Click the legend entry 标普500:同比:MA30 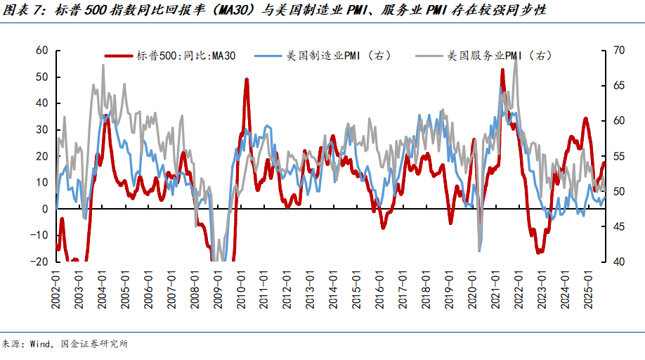tap(186, 56)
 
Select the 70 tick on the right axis tap(618, 51)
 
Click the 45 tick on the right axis tap(618, 226)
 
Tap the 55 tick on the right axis tap(618, 156)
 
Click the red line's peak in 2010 tap(247, 79)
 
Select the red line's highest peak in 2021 tap(502, 70)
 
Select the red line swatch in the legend tap(120, 56)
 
